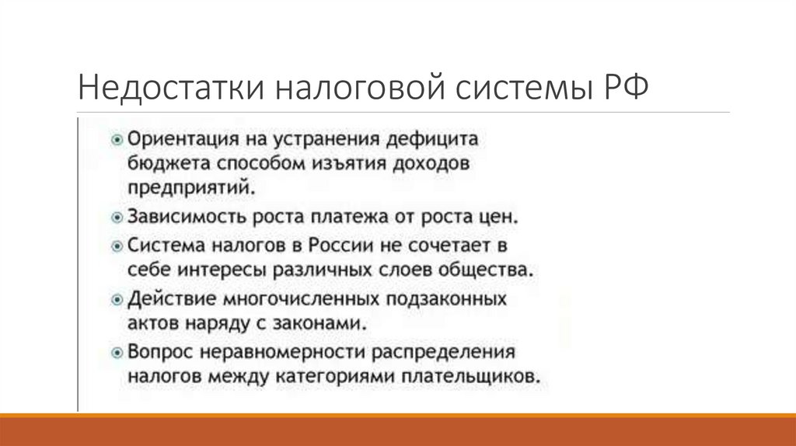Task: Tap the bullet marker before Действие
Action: [x=117, y=298]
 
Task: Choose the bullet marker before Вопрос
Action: [x=117, y=351]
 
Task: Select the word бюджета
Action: [x=162, y=165]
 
